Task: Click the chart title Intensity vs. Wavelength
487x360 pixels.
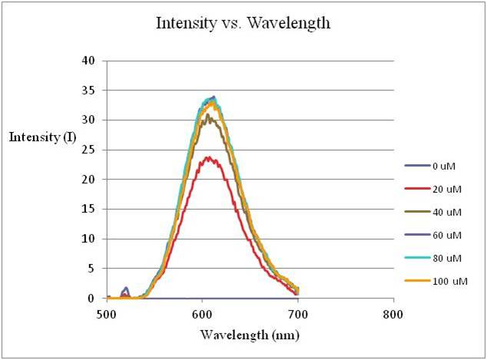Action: coord(243,23)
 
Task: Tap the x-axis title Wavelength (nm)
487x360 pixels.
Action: coord(250,335)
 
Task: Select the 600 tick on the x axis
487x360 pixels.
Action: coord(202,313)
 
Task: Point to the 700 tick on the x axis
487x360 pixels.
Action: coord(298,313)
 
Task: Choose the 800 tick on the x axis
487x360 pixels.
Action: coord(393,313)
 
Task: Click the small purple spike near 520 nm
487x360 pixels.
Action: coord(126,288)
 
